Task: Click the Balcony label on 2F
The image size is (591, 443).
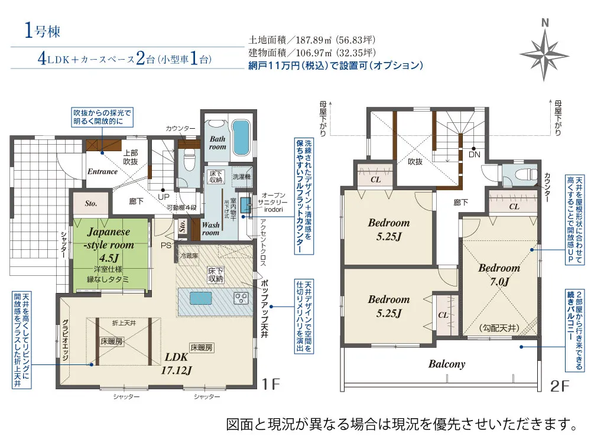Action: [x=447, y=364]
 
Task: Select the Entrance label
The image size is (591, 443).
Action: [x=102, y=172]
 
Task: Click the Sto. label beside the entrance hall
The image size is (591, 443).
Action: [x=90, y=204]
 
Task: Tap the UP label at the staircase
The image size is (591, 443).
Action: [x=161, y=197]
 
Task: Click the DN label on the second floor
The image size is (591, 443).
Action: [x=474, y=155]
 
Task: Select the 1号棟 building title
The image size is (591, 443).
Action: [x=43, y=31]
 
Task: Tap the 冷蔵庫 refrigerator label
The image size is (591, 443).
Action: [x=190, y=256]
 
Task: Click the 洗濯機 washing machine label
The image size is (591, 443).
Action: [x=241, y=177]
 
